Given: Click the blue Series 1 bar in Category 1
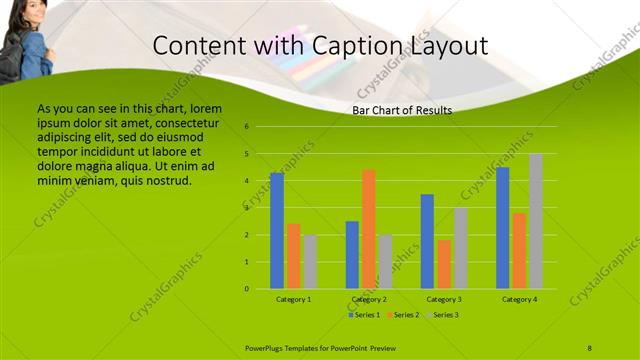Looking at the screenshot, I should (277, 231).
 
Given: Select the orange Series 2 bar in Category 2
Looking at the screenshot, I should (369, 229).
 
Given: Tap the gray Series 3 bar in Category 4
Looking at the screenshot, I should (536, 221).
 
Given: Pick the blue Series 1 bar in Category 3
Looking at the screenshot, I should (427, 241).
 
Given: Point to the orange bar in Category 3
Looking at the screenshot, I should (444, 264).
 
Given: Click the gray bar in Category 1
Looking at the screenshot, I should (310, 262).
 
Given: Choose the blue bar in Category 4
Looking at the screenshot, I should (503, 228).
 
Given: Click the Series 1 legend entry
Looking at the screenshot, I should (365, 315).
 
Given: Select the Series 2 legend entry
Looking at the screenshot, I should (405, 315).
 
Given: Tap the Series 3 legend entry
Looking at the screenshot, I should (446, 315).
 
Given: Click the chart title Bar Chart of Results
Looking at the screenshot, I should (402, 110).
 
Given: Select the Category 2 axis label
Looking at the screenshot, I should (369, 299).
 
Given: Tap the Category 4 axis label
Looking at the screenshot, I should (519, 299).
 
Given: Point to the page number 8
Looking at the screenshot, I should (589, 347).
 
